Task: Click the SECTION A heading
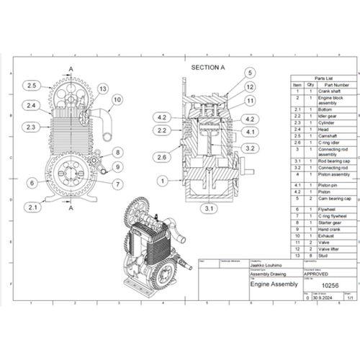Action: point(208,67)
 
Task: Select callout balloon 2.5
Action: point(32,86)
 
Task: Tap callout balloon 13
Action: point(103,89)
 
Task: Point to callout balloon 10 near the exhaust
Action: point(117,99)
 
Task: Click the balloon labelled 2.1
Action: point(32,207)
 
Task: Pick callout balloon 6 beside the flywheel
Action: point(32,183)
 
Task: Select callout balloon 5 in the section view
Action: point(249,73)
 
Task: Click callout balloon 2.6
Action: point(163,156)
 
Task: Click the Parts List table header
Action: point(323,78)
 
